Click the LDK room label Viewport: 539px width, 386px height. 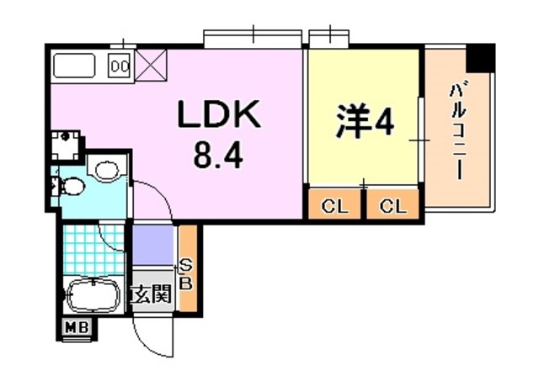click(218, 114)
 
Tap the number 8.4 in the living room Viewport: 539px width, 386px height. click(218, 156)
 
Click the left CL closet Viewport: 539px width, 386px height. click(334, 204)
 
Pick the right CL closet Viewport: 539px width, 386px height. click(393, 204)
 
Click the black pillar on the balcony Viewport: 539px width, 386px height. click(482, 58)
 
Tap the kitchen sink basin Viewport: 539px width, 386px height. click(75, 66)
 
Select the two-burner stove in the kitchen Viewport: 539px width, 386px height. click(120, 66)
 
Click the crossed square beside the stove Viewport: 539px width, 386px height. click(151, 66)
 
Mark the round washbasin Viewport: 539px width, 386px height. click(107, 170)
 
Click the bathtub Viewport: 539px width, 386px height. click(93, 294)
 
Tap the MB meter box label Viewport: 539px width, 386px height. click(77, 327)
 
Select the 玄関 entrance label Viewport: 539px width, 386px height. click(152, 293)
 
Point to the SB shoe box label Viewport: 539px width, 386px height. click(186, 274)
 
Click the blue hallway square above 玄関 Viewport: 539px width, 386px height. click(152, 245)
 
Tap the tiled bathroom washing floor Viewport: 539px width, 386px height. click(93, 250)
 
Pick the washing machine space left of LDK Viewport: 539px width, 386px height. click(66, 145)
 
